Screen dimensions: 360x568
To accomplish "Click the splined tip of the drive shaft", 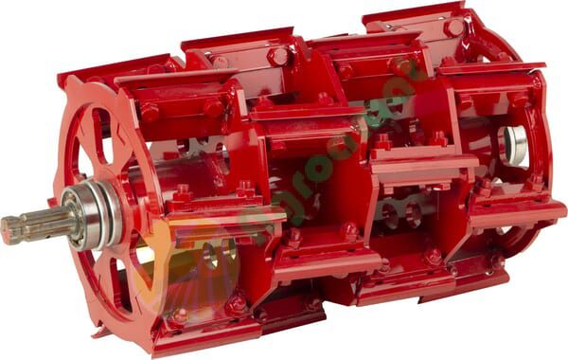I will click(x=15, y=229).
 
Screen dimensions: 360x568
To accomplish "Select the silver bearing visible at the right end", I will click(x=517, y=142).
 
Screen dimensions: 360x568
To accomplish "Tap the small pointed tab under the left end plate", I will click(x=97, y=332).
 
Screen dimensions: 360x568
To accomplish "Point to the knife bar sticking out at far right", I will click(x=516, y=214).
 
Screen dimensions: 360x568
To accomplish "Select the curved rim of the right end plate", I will click(x=544, y=133).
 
